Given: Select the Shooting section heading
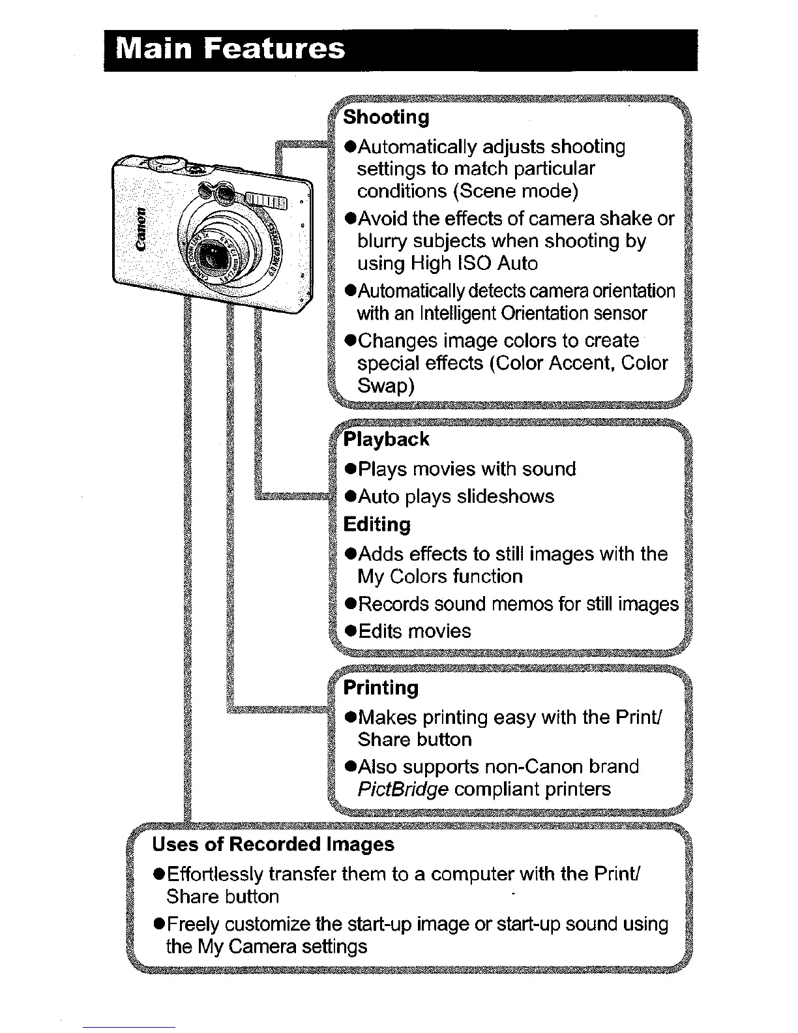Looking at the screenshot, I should tap(386, 117).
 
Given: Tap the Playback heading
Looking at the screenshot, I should tap(386, 439).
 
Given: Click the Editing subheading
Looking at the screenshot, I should tap(377, 524).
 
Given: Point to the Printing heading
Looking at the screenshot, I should tap(381, 687).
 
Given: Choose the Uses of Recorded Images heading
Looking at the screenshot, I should tap(273, 845).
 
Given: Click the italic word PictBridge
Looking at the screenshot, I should tap(402, 789).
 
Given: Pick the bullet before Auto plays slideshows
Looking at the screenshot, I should tap(350, 498).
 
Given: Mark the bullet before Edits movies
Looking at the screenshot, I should tap(350, 632).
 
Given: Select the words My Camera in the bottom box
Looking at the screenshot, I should tap(247, 946).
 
